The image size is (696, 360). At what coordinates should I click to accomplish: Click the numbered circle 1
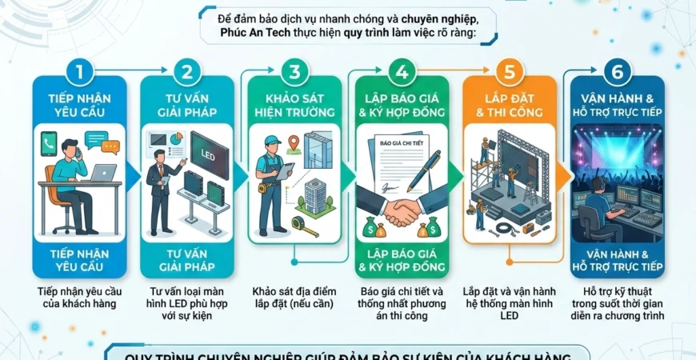tap(79, 72)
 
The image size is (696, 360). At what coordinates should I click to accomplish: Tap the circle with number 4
tap(400, 72)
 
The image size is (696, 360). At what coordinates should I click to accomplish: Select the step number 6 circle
tap(617, 72)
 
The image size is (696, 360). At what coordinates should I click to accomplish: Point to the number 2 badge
tap(186, 72)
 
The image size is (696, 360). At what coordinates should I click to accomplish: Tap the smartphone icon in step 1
tap(50, 146)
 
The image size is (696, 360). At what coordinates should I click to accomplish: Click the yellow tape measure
tap(304, 226)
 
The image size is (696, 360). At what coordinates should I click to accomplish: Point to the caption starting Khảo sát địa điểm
tap(294, 298)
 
